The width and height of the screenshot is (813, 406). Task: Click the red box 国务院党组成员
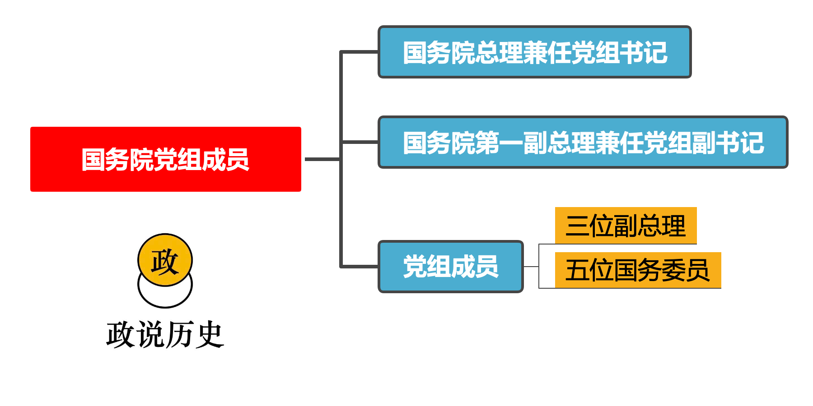[165, 159]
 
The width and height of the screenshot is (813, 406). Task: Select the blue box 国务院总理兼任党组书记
[534, 52]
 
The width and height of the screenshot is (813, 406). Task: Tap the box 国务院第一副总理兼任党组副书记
[583, 142]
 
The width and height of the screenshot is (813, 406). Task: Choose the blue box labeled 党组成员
[450, 267]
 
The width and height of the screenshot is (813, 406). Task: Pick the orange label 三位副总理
[626, 226]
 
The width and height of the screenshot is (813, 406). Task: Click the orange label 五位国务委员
[637, 270]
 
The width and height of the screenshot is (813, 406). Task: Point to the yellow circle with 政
[165, 260]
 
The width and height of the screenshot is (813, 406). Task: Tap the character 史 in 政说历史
[210, 335]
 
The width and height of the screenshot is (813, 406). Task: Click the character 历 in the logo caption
[180, 335]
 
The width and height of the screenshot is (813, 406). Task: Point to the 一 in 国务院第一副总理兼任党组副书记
[511, 143]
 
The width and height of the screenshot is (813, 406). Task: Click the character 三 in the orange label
[577, 226]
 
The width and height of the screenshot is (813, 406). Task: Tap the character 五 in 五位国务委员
[577, 271]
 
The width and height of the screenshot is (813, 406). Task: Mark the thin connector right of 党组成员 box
[531, 267]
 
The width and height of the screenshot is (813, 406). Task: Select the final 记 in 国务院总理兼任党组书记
[655, 53]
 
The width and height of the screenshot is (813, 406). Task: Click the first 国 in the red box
[93, 160]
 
